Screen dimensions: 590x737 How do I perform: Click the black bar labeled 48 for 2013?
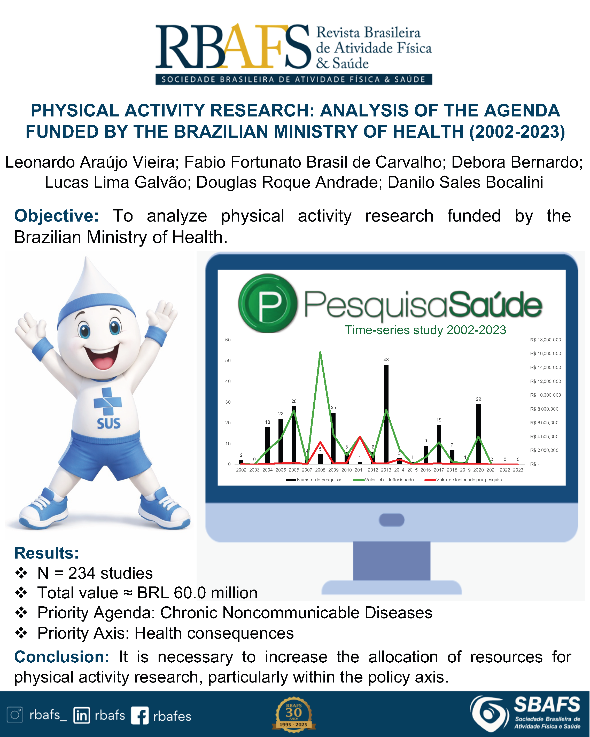(x=386, y=414)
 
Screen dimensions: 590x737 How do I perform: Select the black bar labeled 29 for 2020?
(x=478, y=434)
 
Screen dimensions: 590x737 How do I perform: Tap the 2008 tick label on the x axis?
(x=320, y=470)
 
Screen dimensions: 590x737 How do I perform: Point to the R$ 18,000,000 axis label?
(x=546, y=340)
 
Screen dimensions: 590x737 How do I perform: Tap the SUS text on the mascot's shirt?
(x=109, y=424)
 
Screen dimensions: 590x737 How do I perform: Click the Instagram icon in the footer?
(x=15, y=715)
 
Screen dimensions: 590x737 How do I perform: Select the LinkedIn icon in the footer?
(x=82, y=715)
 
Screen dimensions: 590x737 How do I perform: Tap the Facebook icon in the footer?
(x=140, y=716)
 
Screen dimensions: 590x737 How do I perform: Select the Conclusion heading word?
(x=61, y=657)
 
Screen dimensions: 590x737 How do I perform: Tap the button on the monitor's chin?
(x=392, y=520)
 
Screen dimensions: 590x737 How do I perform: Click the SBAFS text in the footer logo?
(x=547, y=704)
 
